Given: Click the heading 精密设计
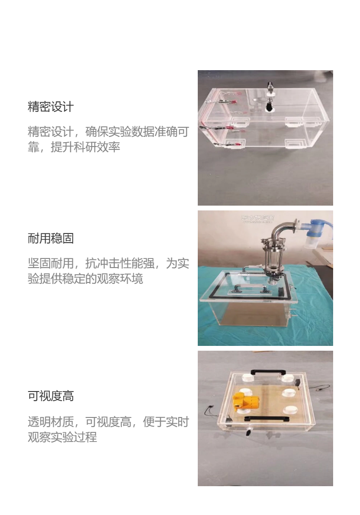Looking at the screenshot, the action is click(x=50, y=107).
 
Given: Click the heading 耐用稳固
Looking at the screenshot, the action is click(x=50, y=238).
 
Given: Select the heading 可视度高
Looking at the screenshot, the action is click(x=50, y=396).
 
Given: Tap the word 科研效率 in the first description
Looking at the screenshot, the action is click(x=97, y=147).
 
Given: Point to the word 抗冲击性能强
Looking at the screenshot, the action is click(x=120, y=263).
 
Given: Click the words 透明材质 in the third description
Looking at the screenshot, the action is click(x=50, y=421).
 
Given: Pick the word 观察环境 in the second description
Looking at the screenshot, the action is click(x=120, y=279).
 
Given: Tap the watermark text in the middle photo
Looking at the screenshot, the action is click(x=258, y=218).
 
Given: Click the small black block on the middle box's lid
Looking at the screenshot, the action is click(x=281, y=292).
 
